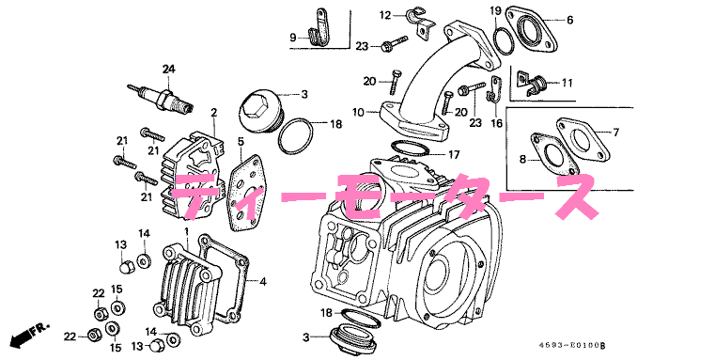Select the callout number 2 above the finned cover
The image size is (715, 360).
click(213, 113)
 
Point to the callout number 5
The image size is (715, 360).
click(241, 142)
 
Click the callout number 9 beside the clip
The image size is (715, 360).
click(292, 38)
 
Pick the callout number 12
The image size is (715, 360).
click(385, 15)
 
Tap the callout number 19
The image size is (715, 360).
click(494, 10)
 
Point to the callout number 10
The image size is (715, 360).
click(358, 113)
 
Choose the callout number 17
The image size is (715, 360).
click(453, 154)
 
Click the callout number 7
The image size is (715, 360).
click(617, 132)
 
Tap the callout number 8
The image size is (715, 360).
click(523, 162)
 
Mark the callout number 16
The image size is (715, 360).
click(496, 123)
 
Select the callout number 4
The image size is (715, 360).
click(263, 281)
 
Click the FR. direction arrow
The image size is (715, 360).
click(29, 334)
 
